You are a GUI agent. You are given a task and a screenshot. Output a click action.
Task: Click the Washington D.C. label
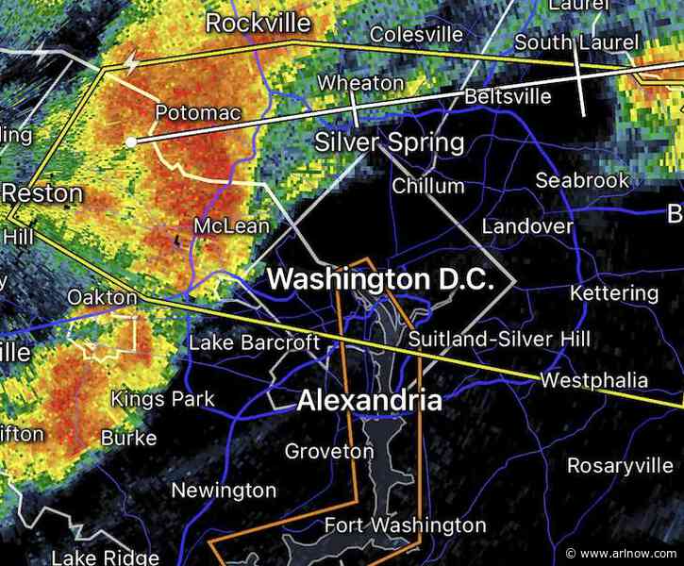tap(380, 279)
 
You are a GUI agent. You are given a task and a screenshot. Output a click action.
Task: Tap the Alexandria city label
tap(370, 401)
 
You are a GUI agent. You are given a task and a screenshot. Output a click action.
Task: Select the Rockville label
tap(259, 22)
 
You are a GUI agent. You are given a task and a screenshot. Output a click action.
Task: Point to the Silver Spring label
tap(389, 143)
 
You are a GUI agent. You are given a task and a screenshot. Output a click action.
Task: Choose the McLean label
tap(231, 226)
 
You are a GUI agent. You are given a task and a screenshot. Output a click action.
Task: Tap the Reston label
tap(42, 194)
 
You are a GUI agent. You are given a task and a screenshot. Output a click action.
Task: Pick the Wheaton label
tap(360, 83)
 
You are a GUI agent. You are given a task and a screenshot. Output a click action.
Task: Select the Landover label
tap(527, 226)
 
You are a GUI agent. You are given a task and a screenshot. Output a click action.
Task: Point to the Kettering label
tap(614, 292)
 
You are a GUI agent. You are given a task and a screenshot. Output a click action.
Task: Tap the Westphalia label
tap(593, 380)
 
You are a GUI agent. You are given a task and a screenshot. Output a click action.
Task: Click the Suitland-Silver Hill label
tap(499, 339)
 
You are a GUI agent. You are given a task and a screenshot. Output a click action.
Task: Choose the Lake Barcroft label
tap(255, 341)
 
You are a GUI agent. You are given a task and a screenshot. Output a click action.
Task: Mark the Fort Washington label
tap(405, 524)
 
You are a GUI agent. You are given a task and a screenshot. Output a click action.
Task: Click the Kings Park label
tap(163, 399)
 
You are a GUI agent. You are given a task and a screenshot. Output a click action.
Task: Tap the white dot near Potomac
tap(131, 141)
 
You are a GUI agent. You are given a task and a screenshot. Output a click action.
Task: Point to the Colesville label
tap(416, 35)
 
